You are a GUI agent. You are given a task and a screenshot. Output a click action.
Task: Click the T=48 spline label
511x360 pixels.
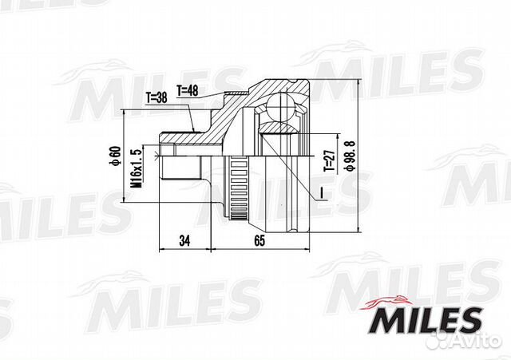coord(188,90)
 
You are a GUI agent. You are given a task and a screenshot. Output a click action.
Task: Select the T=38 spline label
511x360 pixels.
coord(156,97)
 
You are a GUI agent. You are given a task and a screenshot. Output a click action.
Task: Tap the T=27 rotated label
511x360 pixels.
coord(329,160)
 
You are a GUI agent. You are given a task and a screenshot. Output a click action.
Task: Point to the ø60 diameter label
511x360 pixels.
coord(115,156)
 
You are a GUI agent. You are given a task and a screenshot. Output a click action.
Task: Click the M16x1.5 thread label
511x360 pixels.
coord(137,168)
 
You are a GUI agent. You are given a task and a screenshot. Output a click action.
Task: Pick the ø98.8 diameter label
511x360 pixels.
coord(351,156)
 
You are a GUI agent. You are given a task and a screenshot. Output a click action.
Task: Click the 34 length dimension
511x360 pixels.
coord(184,241)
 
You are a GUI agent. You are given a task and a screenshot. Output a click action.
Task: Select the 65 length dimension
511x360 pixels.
coord(259,241)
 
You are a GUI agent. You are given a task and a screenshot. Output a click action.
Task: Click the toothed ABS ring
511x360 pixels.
coord(240,188)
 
